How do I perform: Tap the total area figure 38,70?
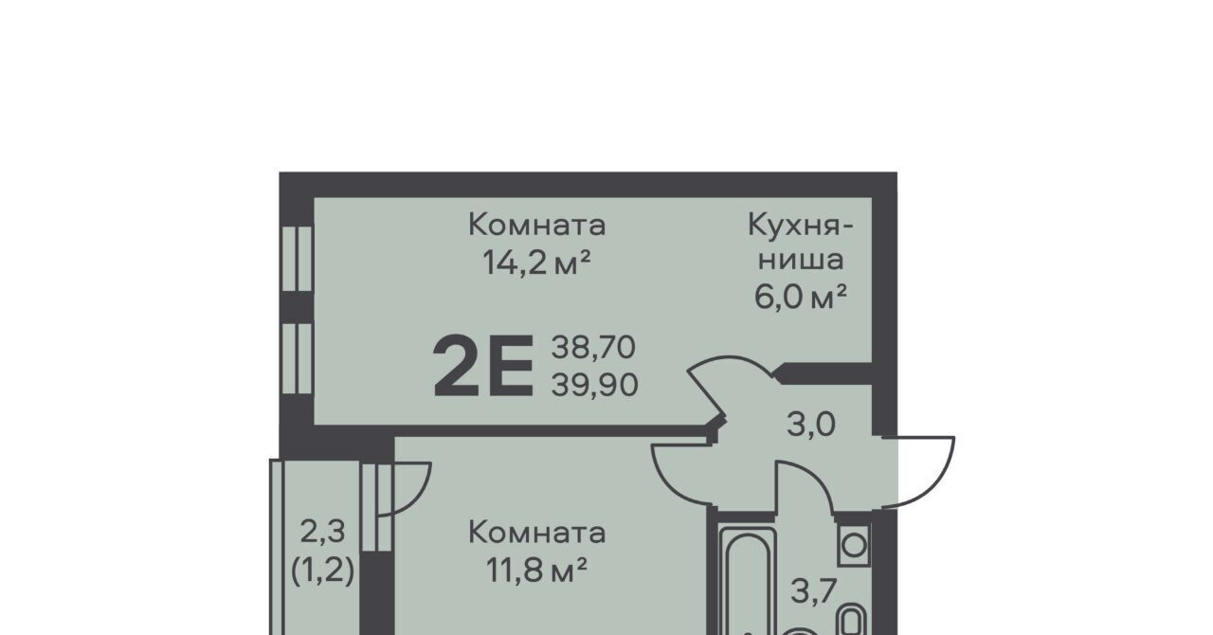click(593, 347)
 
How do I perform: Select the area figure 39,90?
click(594, 386)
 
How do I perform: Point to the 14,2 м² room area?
click(536, 263)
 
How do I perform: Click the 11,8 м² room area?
click(536, 571)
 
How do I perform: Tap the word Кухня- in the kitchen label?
click(800, 226)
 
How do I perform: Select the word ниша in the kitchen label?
click(801, 260)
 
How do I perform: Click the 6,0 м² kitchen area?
click(800, 297)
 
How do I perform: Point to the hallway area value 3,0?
click(810, 425)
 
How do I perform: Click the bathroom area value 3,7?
click(814, 591)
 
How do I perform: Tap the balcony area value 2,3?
click(322, 531)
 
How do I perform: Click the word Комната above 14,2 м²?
click(536, 225)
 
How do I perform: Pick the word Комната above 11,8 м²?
click(536, 533)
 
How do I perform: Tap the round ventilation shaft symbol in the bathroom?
click(854, 545)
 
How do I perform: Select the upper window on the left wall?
click(297, 259)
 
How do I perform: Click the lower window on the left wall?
click(297, 358)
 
